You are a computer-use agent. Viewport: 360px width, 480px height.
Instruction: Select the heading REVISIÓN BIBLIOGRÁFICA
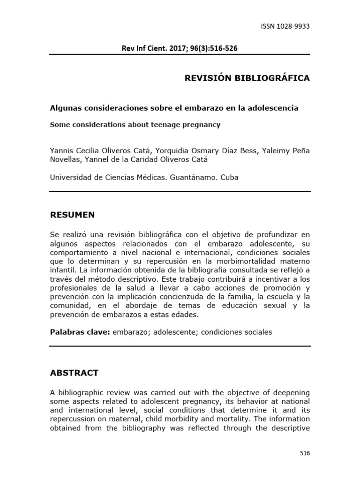click(247, 78)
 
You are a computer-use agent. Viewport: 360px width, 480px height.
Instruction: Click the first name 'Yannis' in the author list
click(61, 150)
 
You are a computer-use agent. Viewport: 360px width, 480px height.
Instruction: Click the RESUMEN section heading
click(72, 215)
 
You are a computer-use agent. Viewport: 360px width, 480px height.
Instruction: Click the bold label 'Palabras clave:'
click(80, 332)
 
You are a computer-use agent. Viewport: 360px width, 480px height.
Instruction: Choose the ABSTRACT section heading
click(74, 373)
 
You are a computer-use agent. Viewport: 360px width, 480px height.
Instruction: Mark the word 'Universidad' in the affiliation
click(71, 178)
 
